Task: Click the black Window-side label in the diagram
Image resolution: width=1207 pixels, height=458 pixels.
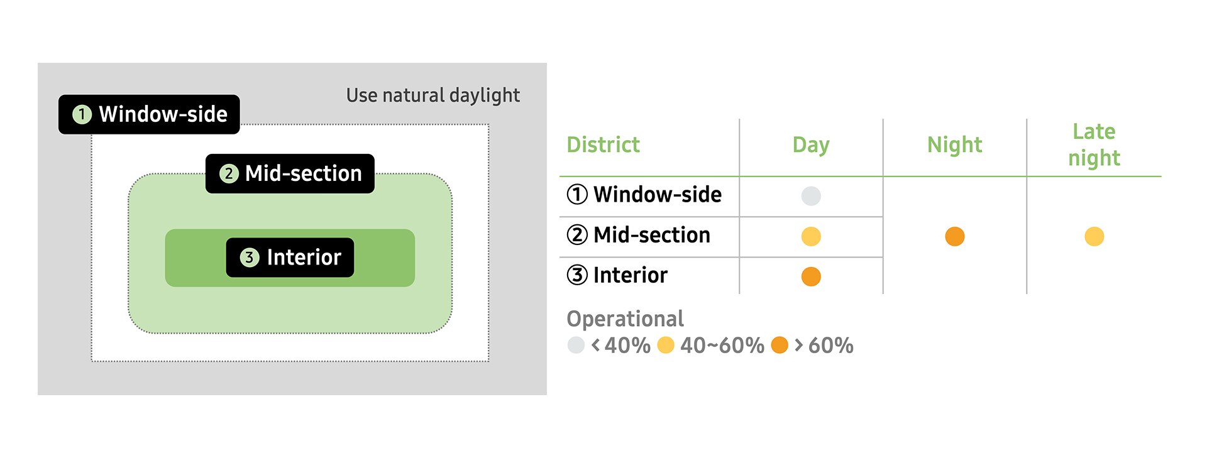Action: point(149,114)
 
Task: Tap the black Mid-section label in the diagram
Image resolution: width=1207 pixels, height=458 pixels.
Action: point(290,173)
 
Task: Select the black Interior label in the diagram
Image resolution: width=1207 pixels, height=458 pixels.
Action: point(290,258)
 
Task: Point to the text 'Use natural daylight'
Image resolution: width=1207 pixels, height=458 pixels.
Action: point(433,95)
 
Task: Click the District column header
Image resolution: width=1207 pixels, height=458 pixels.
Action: point(603,144)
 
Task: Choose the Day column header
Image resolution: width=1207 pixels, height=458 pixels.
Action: point(811,145)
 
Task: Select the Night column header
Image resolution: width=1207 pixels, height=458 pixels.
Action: point(954,145)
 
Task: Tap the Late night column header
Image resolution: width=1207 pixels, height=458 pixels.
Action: point(1094,144)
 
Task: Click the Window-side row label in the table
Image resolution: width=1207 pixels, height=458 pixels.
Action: point(644,195)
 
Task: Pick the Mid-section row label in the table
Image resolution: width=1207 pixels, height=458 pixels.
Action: point(639,235)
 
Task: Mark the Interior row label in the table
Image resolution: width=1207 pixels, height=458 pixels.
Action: point(617,275)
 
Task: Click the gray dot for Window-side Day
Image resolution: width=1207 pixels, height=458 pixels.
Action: point(811,196)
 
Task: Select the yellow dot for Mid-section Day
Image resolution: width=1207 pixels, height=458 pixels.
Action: point(811,236)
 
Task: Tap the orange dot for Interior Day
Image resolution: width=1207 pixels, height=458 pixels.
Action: point(811,276)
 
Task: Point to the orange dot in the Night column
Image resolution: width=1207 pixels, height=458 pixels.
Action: point(954,236)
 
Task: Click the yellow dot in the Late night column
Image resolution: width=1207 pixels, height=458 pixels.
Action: point(1094,236)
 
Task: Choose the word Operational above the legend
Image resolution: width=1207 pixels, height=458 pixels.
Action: point(625,319)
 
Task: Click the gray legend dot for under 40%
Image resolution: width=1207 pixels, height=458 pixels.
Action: point(576,345)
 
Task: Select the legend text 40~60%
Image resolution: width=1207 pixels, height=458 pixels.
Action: point(722,346)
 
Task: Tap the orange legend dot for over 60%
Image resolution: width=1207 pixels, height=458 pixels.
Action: point(780,345)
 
